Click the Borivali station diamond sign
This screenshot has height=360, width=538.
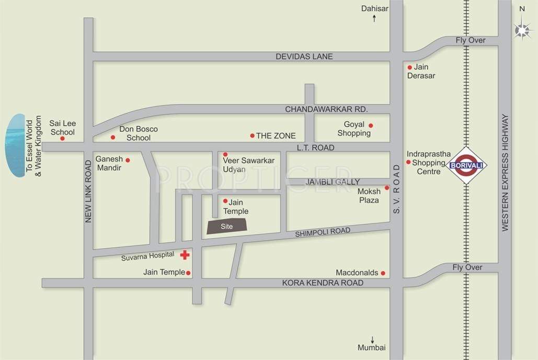[466, 165]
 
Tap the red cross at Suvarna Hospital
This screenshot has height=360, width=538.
[185, 255]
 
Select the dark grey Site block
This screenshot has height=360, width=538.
[227, 226]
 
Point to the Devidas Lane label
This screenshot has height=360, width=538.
[304, 57]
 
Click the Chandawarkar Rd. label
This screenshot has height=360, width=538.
[327, 109]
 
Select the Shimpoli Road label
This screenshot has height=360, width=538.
[323, 232]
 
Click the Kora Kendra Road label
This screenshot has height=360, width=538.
[323, 283]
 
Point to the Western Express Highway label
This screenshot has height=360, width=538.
[505, 173]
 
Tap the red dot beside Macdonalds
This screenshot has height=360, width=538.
[383, 273]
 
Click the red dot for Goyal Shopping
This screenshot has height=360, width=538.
[371, 126]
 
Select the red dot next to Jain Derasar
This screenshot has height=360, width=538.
[410, 67]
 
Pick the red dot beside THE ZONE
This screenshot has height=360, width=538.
[252, 136]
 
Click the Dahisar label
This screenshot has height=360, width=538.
[374, 8]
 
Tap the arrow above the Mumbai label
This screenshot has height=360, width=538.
[373, 340]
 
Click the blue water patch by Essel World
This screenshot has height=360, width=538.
[15, 145]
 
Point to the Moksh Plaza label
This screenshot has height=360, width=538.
[369, 196]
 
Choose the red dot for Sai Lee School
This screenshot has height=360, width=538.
[62, 139]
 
